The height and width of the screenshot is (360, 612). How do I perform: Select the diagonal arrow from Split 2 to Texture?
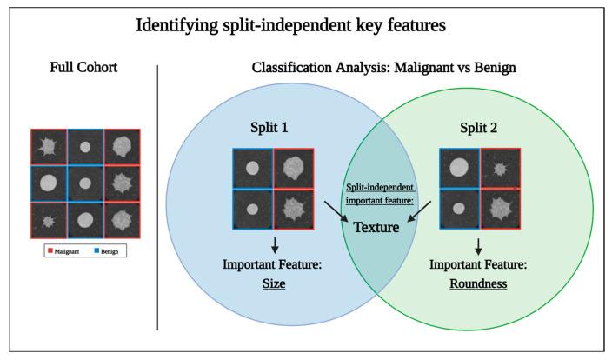(416, 212)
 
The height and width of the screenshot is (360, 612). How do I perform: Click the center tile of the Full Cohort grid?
(84, 183)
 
